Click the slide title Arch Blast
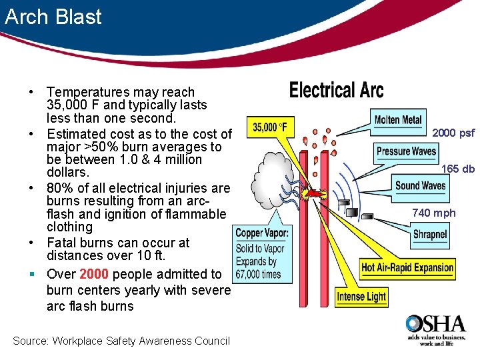(x=53, y=16)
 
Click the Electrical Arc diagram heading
(x=337, y=90)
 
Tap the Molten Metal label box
(x=398, y=120)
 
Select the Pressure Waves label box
(x=406, y=151)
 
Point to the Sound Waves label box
(x=420, y=185)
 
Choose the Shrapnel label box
(x=429, y=235)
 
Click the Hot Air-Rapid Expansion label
(x=407, y=268)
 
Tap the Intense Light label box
(x=361, y=296)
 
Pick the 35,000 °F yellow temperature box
(x=269, y=127)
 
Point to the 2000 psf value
(x=453, y=133)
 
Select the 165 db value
(x=459, y=169)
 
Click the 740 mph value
(x=434, y=213)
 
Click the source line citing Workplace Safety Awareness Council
(x=121, y=341)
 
